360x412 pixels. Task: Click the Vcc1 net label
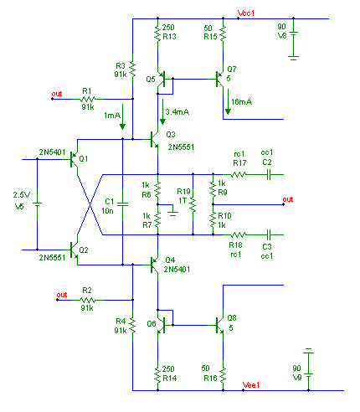246,13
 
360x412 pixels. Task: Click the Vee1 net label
251,385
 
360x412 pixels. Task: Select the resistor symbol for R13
157,33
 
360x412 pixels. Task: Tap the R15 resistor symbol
223,33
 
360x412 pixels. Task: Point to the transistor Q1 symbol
74,159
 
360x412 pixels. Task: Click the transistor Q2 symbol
74,250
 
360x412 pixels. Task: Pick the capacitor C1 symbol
122,204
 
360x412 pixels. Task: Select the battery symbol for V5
37,204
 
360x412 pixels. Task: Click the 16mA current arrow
228,101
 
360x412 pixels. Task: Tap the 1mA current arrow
122,116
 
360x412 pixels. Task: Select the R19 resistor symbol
193,204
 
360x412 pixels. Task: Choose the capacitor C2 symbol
269,175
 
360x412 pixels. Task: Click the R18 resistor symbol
238,234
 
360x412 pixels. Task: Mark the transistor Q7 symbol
220,79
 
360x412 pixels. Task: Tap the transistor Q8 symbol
220,325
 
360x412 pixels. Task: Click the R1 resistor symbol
88,99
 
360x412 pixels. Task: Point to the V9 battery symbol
308,363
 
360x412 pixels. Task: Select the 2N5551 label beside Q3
181,147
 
